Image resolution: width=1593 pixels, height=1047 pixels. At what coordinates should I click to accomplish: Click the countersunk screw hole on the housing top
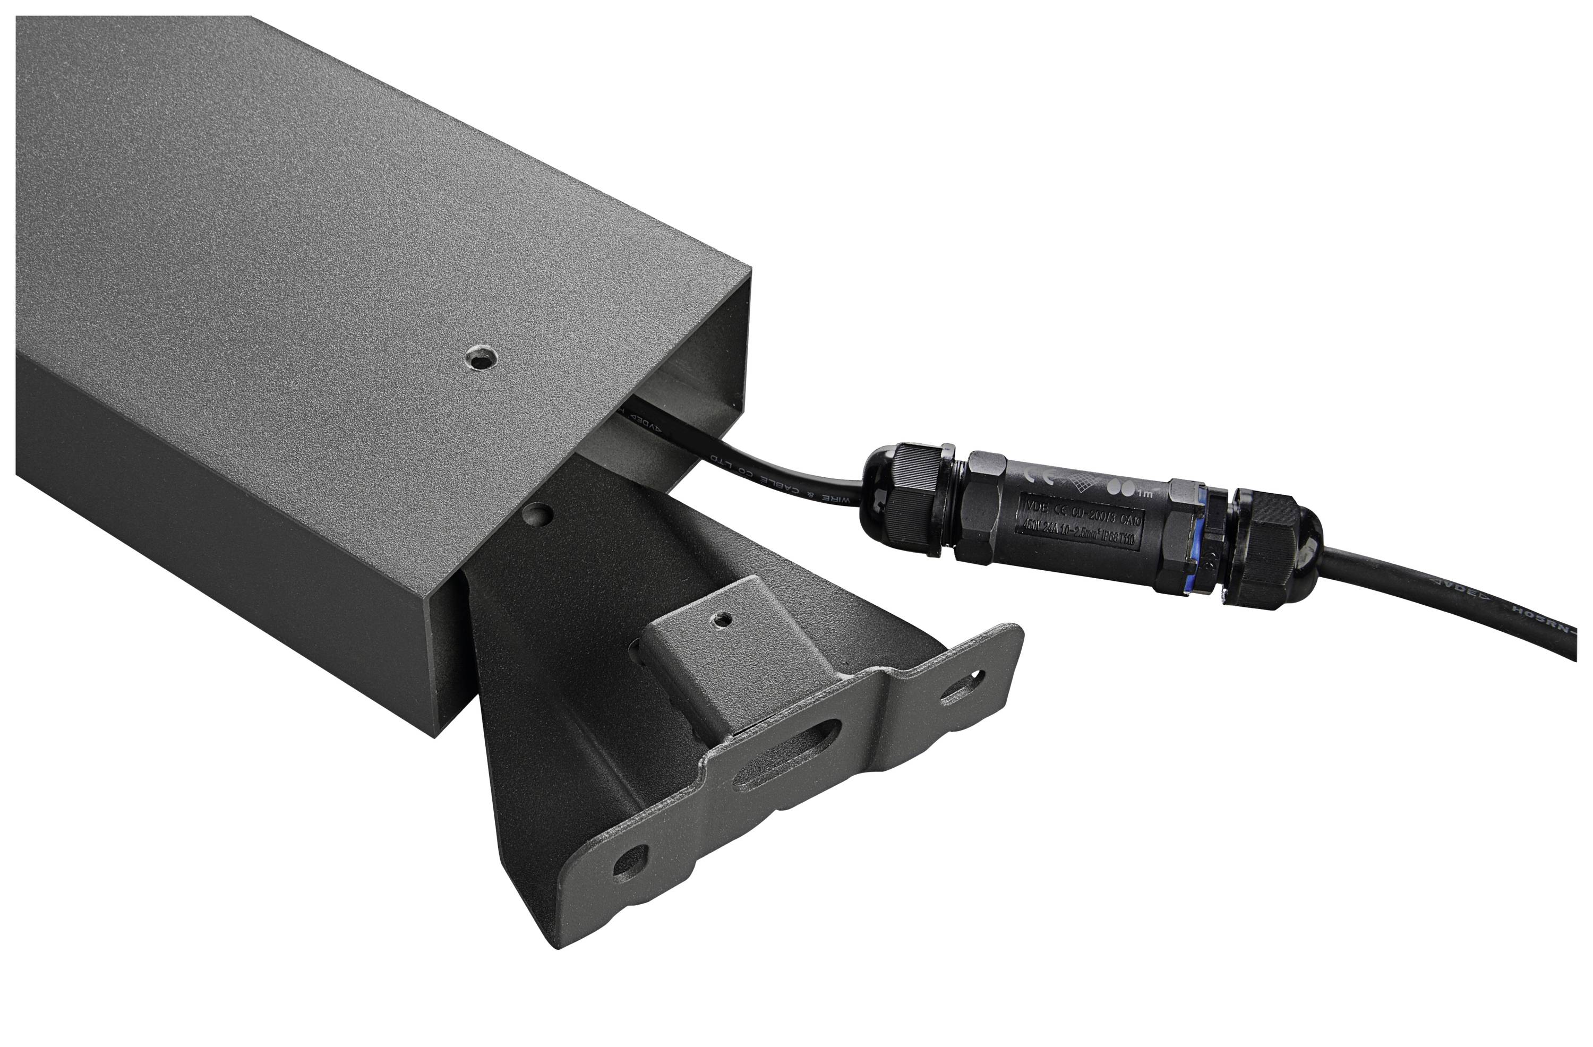pyautogui.click(x=482, y=359)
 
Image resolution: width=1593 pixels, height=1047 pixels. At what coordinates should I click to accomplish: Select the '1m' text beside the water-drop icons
pyautogui.click(x=1143, y=493)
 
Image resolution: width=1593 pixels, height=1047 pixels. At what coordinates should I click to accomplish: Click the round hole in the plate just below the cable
pyautogui.click(x=539, y=514)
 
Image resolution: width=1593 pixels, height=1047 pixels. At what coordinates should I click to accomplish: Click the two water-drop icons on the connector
pyautogui.click(x=1120, y=487)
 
